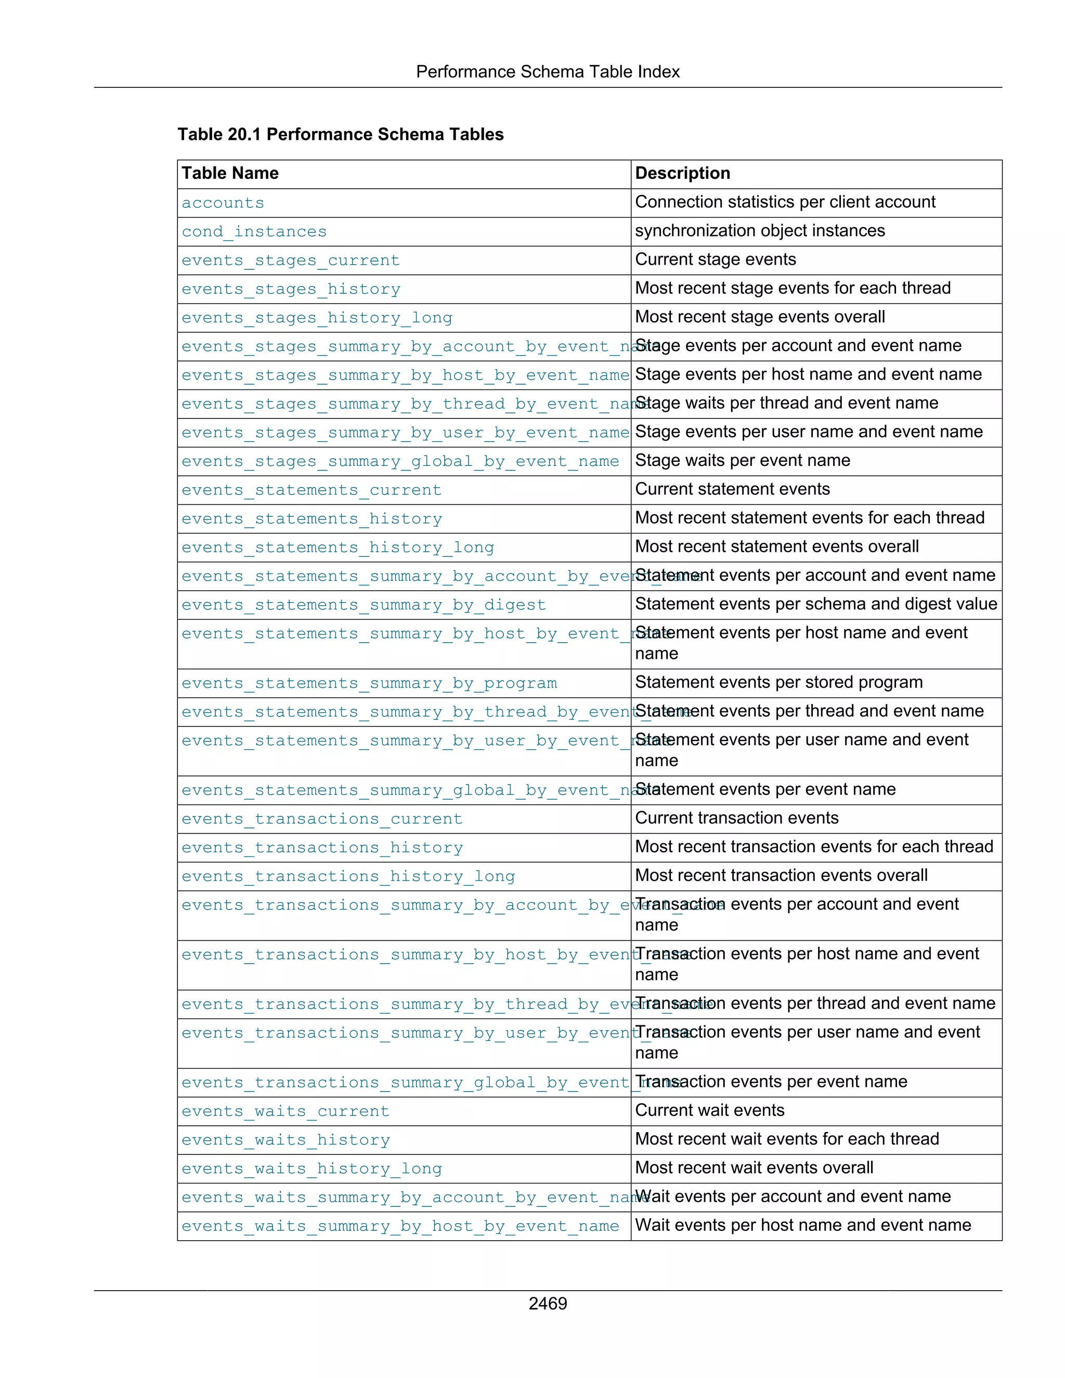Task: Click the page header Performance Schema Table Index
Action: tap(547, 72)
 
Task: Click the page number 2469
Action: tap(547, 1303)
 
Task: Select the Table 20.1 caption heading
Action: tap(340, 134)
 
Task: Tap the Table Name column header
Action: tap(230, 174)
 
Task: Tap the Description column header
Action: tap(682, 174)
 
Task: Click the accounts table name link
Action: tap(223, 203)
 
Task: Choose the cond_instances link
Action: tap(254, 231)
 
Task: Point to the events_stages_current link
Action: tap(290, 261)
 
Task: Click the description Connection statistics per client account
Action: tap(784, 202)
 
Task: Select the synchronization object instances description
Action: tap(760, 231)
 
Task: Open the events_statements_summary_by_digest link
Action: tap(363, 605)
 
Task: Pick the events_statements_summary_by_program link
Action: tap(369, 683)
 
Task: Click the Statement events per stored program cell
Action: tap(778, 682)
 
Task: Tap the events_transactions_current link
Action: tap(322, 819)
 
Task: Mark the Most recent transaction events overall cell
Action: tap(781, 875)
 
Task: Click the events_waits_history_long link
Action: tap(311, 1168)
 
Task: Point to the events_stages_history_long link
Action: tap(317, 318)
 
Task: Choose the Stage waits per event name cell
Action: tap(742, 461)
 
